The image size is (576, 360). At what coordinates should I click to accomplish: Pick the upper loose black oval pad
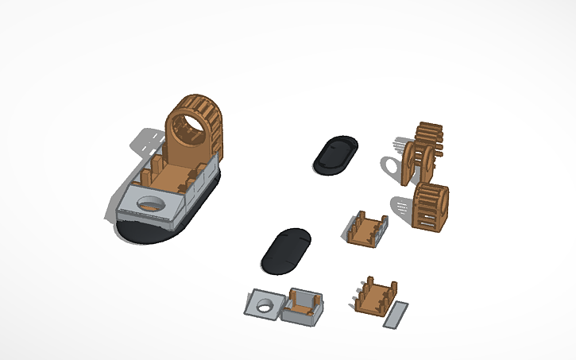334,154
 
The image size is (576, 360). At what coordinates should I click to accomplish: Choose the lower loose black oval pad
285,250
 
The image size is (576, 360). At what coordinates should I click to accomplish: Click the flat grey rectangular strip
395,315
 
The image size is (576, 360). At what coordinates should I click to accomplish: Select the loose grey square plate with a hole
262,304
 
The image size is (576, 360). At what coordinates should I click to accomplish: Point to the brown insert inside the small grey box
307,301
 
